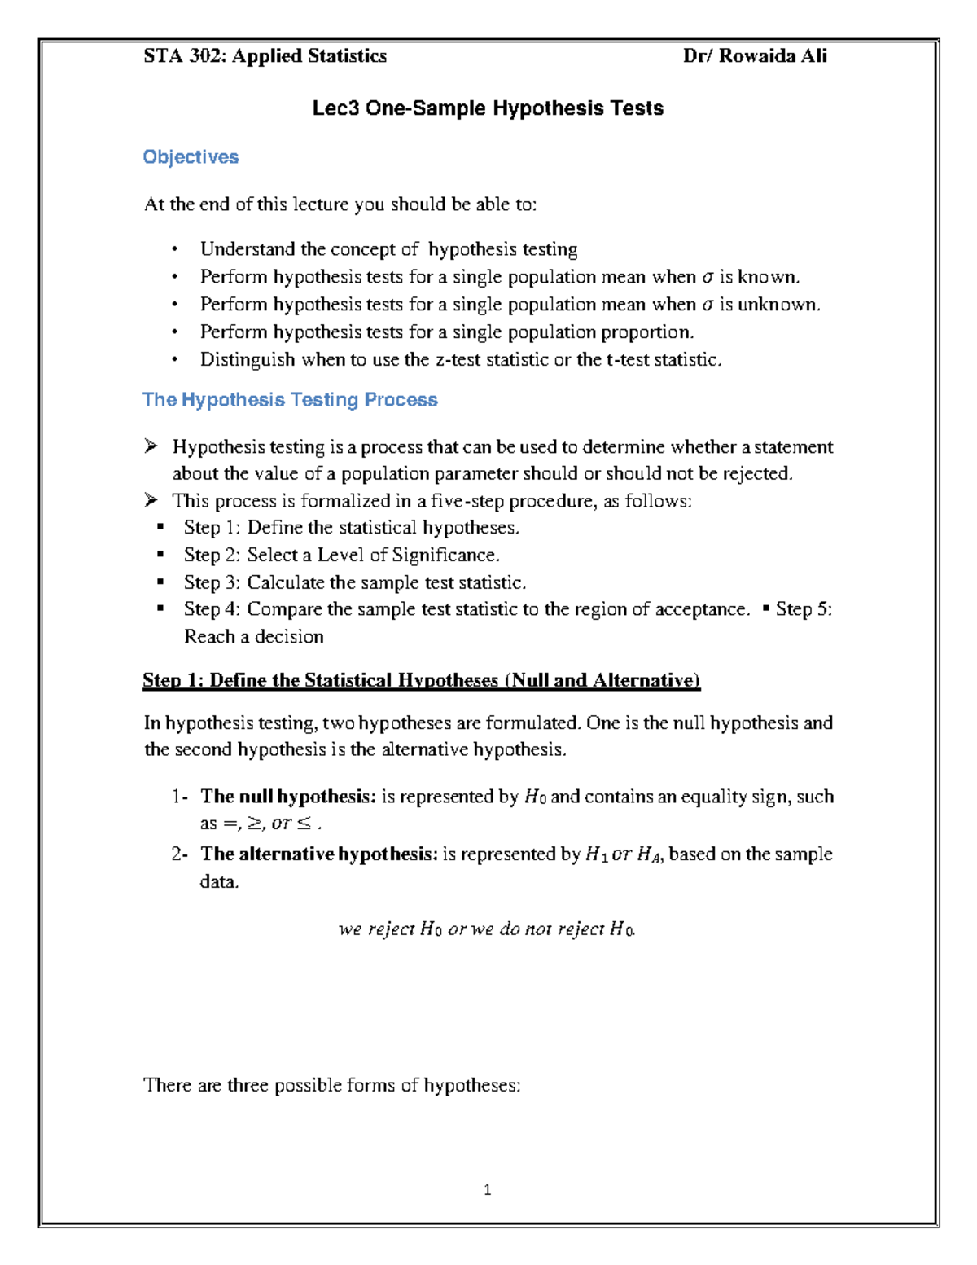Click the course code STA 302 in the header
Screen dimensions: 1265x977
[x=185, y=56]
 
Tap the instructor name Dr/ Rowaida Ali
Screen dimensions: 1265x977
[x=755, y=56]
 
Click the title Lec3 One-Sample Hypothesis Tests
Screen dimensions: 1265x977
[x=488, y=108]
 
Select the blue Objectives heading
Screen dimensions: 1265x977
[x=191, y=157]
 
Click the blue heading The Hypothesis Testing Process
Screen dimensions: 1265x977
[x=290, y=400]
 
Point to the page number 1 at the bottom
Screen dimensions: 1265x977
[x=487, y=1190]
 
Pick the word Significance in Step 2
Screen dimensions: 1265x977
[x=445, y=556]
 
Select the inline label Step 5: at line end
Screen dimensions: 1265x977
[x=804, y=610]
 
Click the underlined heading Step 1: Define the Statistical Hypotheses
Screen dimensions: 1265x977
[x=421, y=681]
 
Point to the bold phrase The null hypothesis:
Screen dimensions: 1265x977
[x=288, y=797]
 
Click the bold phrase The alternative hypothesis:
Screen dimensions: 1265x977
[x=319, y=854]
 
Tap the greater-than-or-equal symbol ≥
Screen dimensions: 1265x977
[x=255, y=824]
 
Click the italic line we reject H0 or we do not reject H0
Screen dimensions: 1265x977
[x=487, y=929]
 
